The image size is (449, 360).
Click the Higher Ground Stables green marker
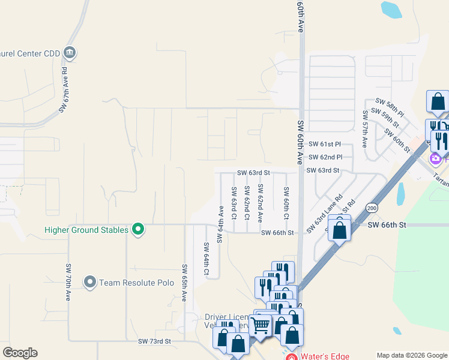coord(138,230)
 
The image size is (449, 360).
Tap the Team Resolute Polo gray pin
coord(90,282)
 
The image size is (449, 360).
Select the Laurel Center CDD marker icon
coord(70,53)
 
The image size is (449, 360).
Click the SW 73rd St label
coord(155,341)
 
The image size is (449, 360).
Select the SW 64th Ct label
coord(206,259)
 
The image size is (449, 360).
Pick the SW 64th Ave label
coord(220,224)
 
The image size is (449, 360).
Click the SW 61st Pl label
coord(325,145)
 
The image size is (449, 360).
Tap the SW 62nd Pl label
coord(325,157)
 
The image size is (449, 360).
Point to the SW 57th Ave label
coord(364,129)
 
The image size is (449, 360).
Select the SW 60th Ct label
coord(286,203)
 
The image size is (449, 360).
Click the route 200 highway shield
coord(372,207)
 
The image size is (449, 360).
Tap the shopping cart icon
coord(261,325)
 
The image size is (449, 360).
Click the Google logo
coord(20,353)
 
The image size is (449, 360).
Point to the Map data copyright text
coord(412,355)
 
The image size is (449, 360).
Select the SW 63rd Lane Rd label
coord(324,214)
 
